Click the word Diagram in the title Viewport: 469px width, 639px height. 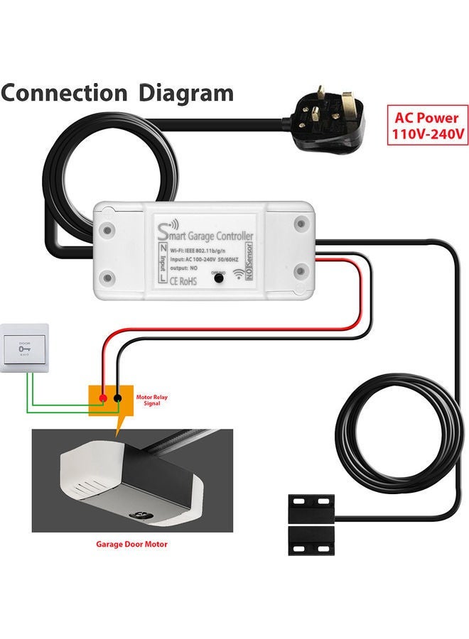(x=185, y=93)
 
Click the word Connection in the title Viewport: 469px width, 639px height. (x=63, y=93)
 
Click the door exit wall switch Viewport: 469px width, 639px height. (x=26, y=348)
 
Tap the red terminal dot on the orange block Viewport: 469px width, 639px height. (x=104, y=398)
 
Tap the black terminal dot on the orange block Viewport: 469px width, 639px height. (x=118, y=398)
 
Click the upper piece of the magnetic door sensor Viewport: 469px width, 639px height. (x=311, y=507)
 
